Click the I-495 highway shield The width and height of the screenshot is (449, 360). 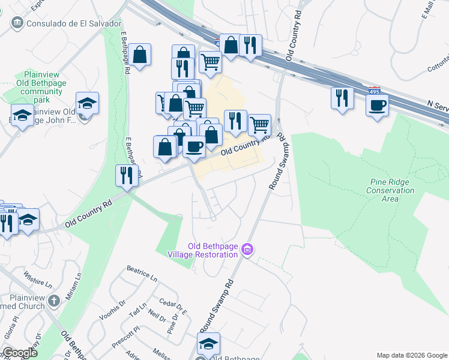(x=374, y=91)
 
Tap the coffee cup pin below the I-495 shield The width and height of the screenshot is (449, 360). (x=377, y=106)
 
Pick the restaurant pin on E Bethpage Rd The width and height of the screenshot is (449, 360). (x=127, y=175)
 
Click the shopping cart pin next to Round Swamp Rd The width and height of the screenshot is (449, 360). (x=259, y=125)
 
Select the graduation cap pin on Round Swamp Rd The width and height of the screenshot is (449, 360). (x=208, y=344)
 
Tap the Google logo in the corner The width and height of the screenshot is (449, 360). (x=19, y=353)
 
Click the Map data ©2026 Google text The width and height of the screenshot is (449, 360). (x=411, y=355)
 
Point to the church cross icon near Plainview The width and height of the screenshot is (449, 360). (x=55, y=300)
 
